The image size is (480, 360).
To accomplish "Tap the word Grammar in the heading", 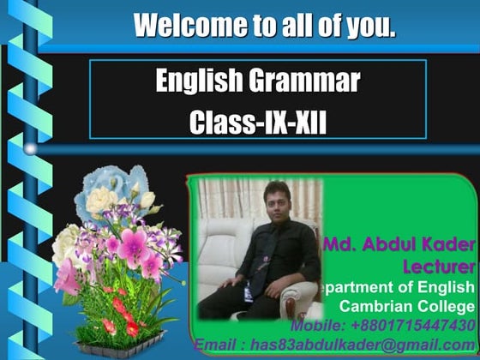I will point(306,81).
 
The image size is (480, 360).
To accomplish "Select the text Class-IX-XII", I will point(258,120).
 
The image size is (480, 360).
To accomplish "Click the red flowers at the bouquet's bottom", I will point(120,317).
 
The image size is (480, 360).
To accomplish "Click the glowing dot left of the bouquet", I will point(31,149).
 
